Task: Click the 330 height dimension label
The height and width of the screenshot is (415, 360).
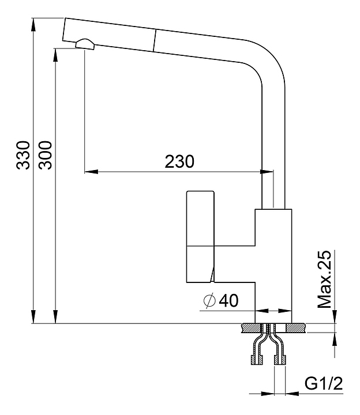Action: coord(22,155)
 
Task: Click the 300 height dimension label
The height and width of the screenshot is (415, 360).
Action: coord(45,155)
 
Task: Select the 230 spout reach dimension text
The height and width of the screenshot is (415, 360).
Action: coord(179,161)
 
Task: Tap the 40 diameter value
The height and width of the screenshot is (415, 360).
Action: coord(229,300)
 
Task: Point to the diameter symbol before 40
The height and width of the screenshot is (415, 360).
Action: coord(210,301)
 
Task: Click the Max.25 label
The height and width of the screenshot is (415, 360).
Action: coord(324,279)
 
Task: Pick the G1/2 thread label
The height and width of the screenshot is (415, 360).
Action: coord(324,383)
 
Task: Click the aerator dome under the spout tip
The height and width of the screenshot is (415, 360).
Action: coord(85,44)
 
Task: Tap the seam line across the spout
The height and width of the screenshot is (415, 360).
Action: coord(155,40)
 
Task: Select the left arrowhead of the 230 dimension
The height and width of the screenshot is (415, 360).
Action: coord(91,172)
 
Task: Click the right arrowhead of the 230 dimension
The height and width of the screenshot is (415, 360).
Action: coord(267,172)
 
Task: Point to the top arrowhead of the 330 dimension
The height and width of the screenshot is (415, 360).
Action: coord(33,25)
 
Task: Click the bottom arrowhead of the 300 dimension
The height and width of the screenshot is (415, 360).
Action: coord(55,316)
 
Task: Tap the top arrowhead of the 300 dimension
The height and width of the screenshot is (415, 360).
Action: coord(55,55)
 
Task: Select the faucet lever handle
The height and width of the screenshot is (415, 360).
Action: coord(200,237)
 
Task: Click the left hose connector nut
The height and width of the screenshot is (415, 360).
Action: coord(257,360)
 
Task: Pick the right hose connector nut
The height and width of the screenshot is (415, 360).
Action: coord(280,360)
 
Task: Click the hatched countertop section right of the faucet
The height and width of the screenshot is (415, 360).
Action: coord(296,328)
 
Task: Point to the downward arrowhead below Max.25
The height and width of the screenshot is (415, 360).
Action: coord(335,316)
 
